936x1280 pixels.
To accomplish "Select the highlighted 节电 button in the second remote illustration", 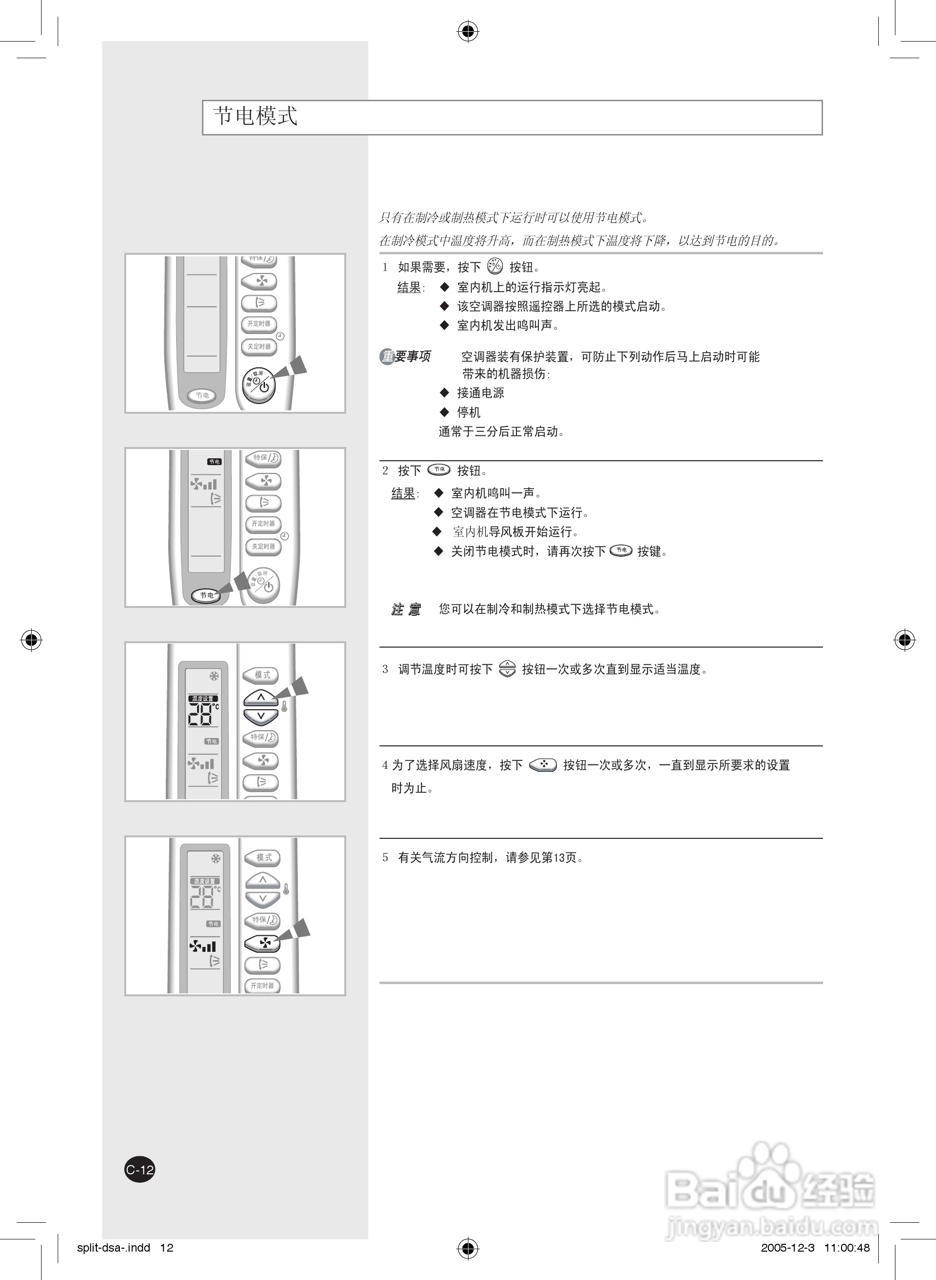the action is point(206,595).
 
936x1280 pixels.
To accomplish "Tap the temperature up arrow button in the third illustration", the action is point(261,697).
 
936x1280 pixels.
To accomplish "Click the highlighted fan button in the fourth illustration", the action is point(262,943).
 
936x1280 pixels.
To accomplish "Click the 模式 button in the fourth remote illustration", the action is point(264,857).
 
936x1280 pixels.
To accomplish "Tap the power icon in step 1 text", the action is point(494,266).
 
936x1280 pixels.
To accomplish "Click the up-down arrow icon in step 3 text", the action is point(507,669).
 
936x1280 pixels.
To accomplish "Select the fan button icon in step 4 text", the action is point(543,765).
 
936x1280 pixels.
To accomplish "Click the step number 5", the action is point(385,858).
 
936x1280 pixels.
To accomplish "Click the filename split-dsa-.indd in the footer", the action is point(113,1247).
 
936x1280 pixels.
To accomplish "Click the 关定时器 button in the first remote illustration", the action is point(259,346).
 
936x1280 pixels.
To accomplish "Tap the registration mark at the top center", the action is point(468,32).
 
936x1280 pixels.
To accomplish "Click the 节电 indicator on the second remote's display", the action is point(214,462).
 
